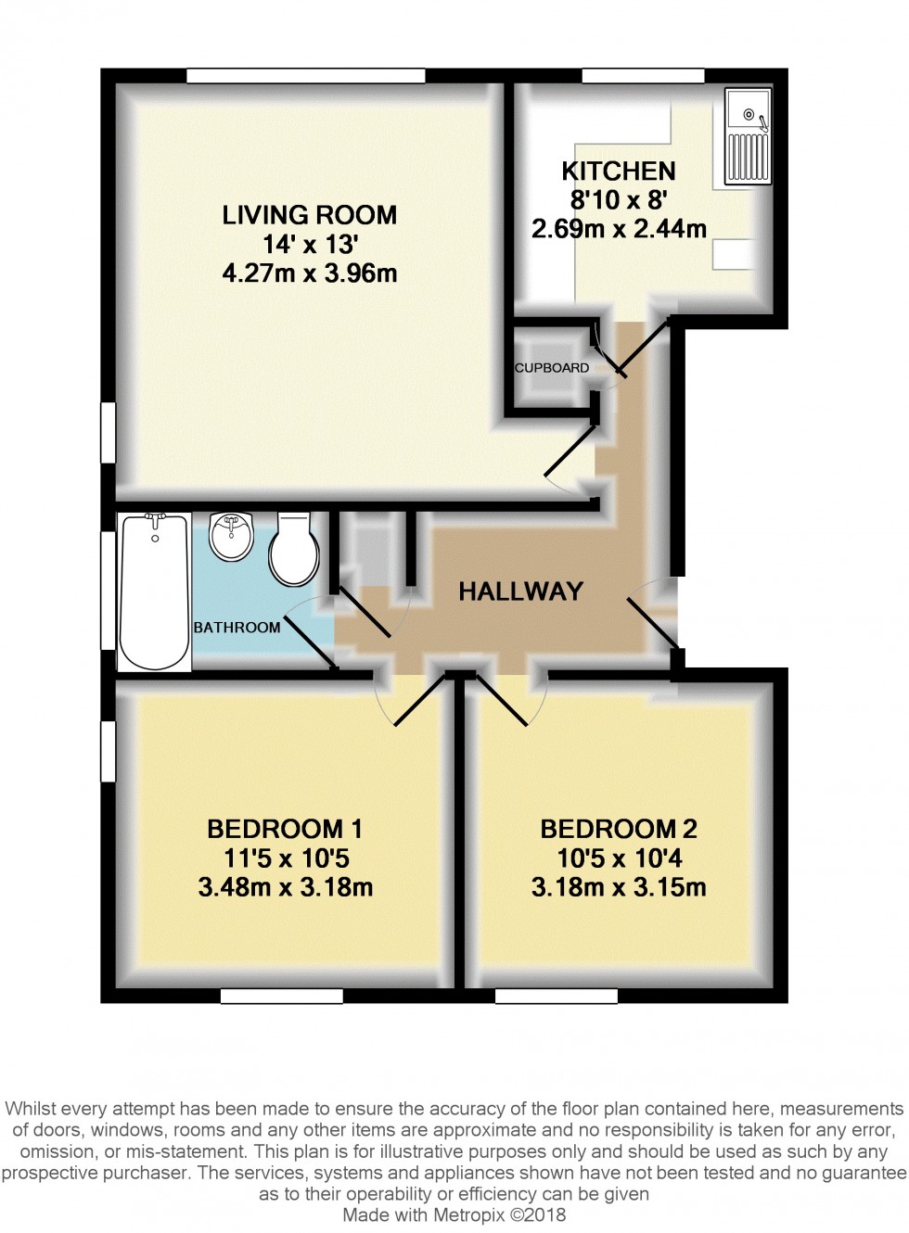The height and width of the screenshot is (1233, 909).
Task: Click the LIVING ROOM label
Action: click(x=309, y=215)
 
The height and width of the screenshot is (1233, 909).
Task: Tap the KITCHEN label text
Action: click(x=618, y=171)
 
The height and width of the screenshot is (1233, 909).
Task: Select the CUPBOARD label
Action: click(x=552, y=368)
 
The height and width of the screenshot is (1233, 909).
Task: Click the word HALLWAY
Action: click(x=520, y=591)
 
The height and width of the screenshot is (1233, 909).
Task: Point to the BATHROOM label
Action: click(x=237, y=628)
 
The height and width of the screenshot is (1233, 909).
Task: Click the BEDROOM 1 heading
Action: click(x=284, y=828)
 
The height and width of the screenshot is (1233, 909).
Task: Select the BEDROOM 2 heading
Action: click(x=619, y=828)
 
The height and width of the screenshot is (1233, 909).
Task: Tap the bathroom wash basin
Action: click(x=231, y=537)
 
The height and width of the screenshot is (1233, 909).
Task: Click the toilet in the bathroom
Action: click(x=294, y=551)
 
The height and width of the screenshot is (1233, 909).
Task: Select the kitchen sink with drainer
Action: click(x=748, y=136)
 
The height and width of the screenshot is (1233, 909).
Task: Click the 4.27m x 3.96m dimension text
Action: click(x=309, y=273)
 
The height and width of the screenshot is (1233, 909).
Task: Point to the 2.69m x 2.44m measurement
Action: click(x=619, y=228)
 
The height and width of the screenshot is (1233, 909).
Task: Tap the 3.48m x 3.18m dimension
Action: click(x=285, y=887)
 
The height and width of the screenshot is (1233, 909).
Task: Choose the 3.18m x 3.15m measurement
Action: click(x=619, y=887)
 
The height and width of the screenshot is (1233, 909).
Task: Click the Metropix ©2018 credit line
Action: click(x=454, y=1214)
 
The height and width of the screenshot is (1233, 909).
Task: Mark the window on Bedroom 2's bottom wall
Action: click(x=556, y=996)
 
